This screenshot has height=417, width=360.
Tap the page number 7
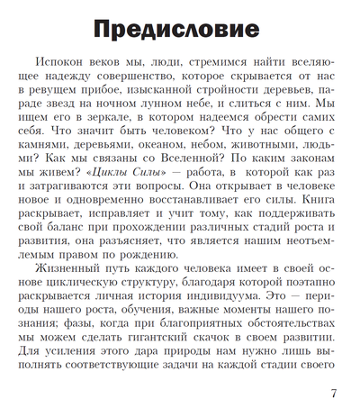tap(335, 393)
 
